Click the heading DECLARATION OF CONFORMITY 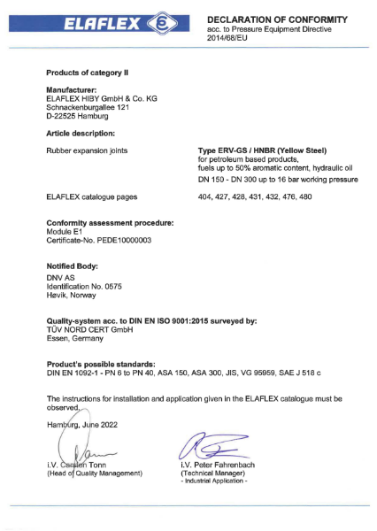pos(276,19)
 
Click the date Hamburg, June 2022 pos(86,426)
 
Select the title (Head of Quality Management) pos(95,474)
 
